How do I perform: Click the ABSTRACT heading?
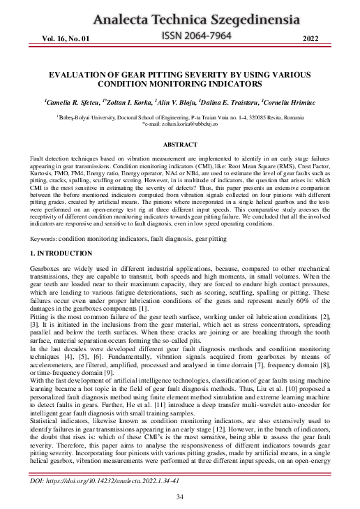[179, 145]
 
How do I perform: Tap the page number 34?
[179, 496]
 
